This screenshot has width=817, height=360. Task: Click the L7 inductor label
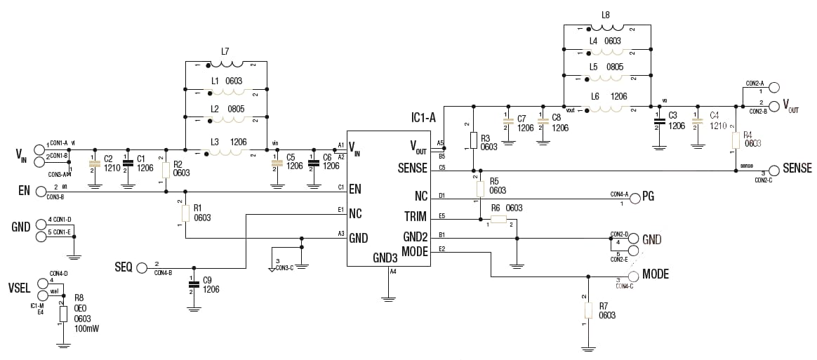coord(225,51)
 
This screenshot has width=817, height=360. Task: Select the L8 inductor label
coord(606,15)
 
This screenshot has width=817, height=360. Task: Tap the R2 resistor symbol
coord(166,169)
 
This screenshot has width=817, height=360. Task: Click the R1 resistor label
coord(197,208)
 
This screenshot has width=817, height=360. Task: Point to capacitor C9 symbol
coord(193,284)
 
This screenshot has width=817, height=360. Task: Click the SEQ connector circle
coord(142,267)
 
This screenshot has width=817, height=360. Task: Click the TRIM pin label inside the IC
coord(413,215)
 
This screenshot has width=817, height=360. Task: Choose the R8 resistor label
coord(79,298)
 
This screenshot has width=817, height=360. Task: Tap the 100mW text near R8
coord(87,328)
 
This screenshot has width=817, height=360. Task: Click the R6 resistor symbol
coord(498,219)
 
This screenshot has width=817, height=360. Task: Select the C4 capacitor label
coord(715,115)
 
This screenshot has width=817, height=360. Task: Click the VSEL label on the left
coord(19,288)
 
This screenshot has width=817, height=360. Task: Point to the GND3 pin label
coord(385,258)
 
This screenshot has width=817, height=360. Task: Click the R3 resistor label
coord(485,138)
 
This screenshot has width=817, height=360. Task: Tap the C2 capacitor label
coord(108,159)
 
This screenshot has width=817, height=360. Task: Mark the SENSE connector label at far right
coord(797,168)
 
